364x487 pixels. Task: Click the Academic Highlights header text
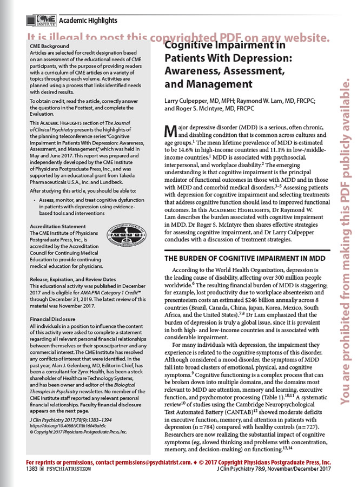point(88,21)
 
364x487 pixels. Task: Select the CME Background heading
point(50,47)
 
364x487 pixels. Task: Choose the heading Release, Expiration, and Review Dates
point(72,279)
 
